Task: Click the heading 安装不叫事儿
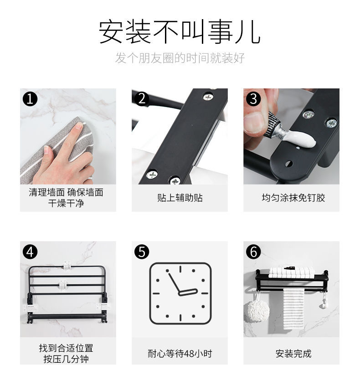point(180,31)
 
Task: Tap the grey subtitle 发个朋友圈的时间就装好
point(180,58)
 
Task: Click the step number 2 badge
point(142,98)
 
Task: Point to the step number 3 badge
point(253,98)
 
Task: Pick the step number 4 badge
point(30,252)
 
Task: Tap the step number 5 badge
point(142,252)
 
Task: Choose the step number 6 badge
point(253,252)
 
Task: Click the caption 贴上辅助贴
point(180,198)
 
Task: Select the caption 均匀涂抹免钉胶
point(293,198)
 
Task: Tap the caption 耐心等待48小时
point(180,354)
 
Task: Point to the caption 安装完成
point(293,354)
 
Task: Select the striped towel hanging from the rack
point(293,309)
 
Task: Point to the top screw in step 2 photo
point(208,97)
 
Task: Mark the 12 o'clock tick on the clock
point(180,269)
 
